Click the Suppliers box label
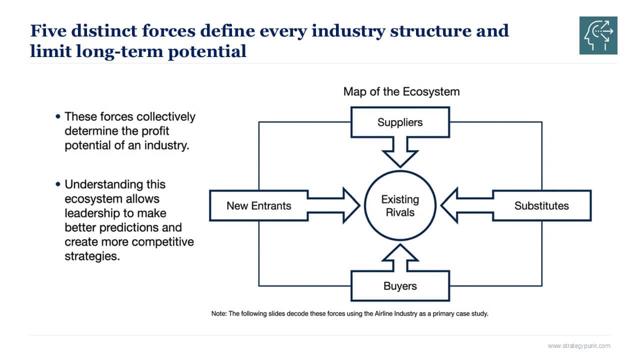pyautogui.click(x=399, y=122)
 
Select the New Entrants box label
pyautogui.click(x=258, y=205)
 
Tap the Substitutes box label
pyautogui.click(x=541, y=205)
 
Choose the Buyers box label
pyautogui.click(x=400, y=286)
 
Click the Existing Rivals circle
pyautogui.click(x=400, y=205)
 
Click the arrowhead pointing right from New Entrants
pyautogui.click(x=350, y=205)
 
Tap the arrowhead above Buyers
pyautogui.click(x=400, y=252)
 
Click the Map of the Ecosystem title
pyautogui.click(x=401, y=92)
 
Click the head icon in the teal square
pyautogui.click(x=598, y=35)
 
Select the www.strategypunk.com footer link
pyautogui.click(x=578, y=346)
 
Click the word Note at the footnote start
pyautogui.click(x=218, y=314)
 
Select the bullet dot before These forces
pyautogui.click(x=58, y=116)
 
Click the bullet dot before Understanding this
pyautogui.click(x=58, y=184)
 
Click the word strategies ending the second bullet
pyautogui.click(x=92, y=257)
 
